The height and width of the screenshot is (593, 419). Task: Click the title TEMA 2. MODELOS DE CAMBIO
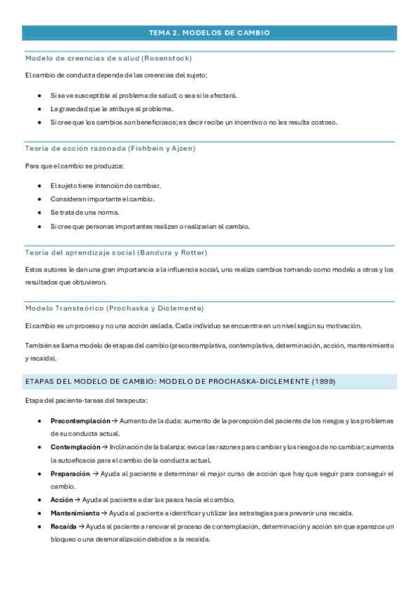coord(209,33)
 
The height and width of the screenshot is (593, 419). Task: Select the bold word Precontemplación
coord(80,421)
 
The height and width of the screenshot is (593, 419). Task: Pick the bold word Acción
coord(62,499)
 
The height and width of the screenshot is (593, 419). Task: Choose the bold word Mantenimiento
coord(75,513)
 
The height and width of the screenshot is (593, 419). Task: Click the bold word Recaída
coord(63,526)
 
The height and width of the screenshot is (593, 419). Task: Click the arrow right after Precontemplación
coord(115,421)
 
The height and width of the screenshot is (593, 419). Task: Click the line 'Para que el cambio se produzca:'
coord(73,166)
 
